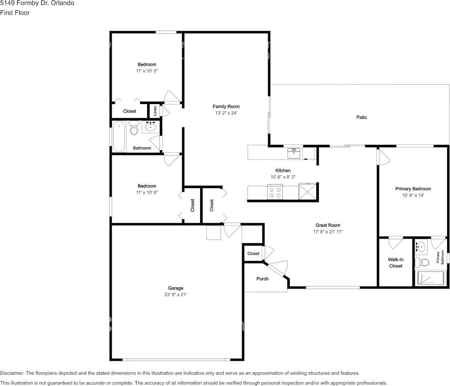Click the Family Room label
tap(226, 106)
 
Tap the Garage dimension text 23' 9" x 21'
tap(176, 295)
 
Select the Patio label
tap(362, 118)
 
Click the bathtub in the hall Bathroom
tap(119, 136)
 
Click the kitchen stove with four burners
tap(275, 191)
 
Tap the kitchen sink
tap(294, 153)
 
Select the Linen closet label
tap(155, 111)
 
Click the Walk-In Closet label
tap(395, 262)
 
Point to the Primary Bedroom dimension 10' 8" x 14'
tap(413, 195)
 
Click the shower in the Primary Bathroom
tap(429, 278)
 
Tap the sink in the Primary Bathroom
tap(421, 246)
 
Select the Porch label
tap(262, 279)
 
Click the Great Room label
tap(328, 225)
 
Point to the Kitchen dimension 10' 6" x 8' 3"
tap(283, 177)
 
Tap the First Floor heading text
tap(15, 13)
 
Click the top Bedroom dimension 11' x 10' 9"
tap(147, 71)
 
